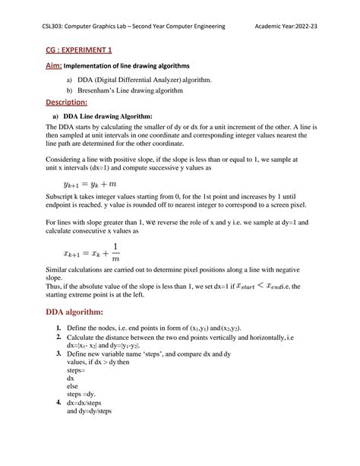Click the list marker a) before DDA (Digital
click(71, 79)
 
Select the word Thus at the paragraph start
click(56, 287)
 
